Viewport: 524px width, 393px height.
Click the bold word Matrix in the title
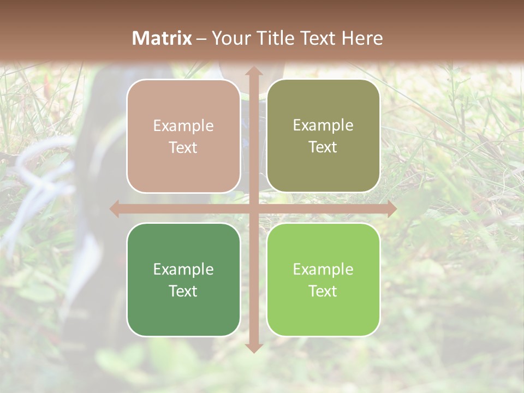pos(162,38)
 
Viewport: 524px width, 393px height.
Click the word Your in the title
pos(229,38)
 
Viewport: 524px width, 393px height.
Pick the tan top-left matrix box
pos(183,136)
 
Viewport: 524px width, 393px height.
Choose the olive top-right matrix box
pos(323,136)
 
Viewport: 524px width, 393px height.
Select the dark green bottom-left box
pos(183,279)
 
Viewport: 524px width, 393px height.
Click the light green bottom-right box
pos(323,279)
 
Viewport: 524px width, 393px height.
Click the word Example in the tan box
pos(183,126)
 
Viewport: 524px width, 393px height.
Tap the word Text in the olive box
pos(323,147)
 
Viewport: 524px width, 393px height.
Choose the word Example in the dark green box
pos(183,269)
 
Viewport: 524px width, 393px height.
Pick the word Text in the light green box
pos(323,291)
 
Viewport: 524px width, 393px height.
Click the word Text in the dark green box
pos(183,291)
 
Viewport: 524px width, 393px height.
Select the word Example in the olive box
pos(323,126)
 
